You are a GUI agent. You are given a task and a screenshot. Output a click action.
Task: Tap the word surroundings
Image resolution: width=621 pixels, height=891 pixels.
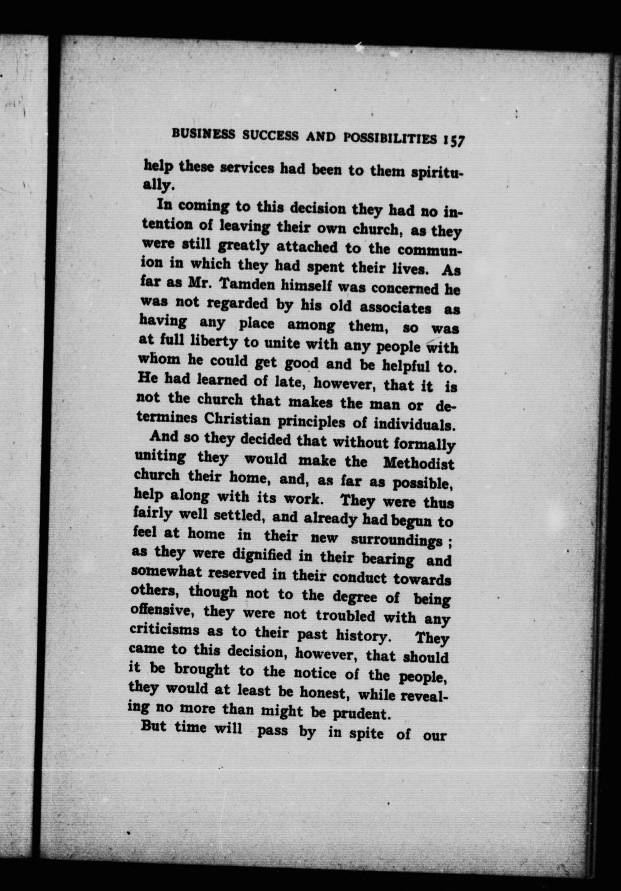click(x=396, y=540)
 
